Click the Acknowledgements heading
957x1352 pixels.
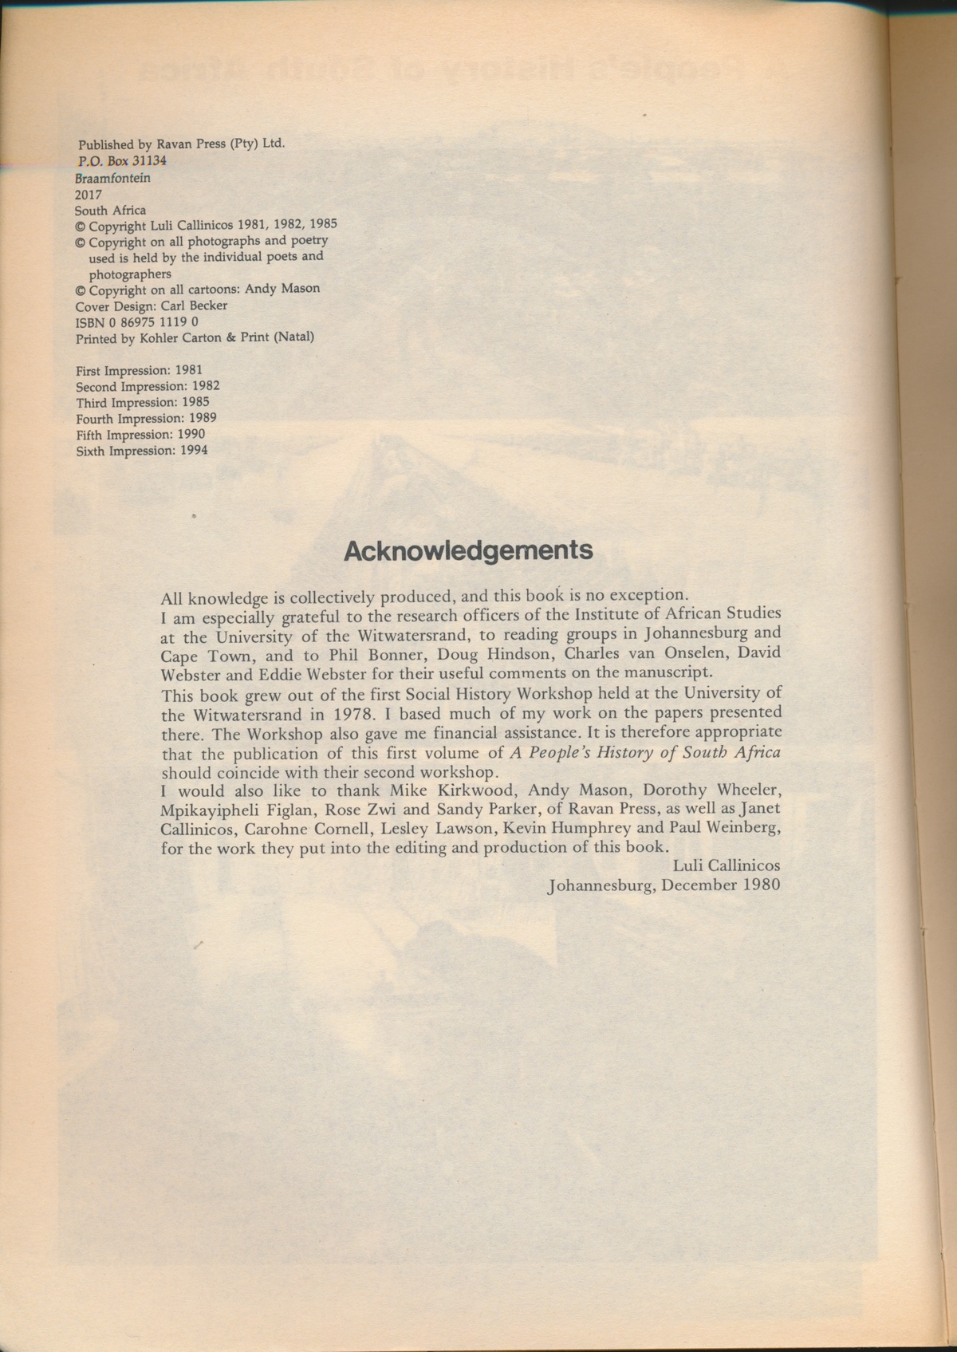pos(468,551)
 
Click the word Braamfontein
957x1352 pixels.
pos(112,178)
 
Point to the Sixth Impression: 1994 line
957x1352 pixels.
pos(142,451)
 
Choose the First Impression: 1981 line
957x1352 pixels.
pos(139,370)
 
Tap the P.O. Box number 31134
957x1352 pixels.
pos(149,160)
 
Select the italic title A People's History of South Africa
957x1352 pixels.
pos(644,753)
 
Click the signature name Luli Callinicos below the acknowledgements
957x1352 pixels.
pos(727,865)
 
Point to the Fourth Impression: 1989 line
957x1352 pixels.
pos(147,418)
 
